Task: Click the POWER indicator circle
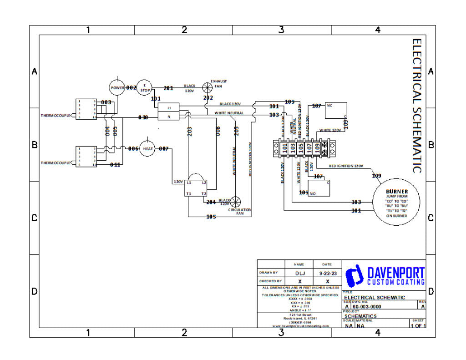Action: [x=117, y=87]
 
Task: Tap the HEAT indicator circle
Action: [x=147, y=149]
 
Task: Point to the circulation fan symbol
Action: [x=235, y=203]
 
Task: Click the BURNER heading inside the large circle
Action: [x=397, y=192]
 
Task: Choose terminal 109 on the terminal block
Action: [x=318, y=148]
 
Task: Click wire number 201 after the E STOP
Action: [x=168, y=88]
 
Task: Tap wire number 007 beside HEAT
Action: [x=164, y=149]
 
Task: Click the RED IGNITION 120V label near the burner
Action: [x=346, y=166]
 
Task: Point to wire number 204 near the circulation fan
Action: [x=211, y=202]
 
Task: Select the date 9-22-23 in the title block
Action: [x=327, y=273]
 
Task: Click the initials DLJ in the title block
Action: [x=299, y=273]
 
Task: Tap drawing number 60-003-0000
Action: [x=367, y=307]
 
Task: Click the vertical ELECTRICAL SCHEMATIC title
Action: [x=417, y=106]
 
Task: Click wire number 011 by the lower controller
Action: [x=116, y=165]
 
